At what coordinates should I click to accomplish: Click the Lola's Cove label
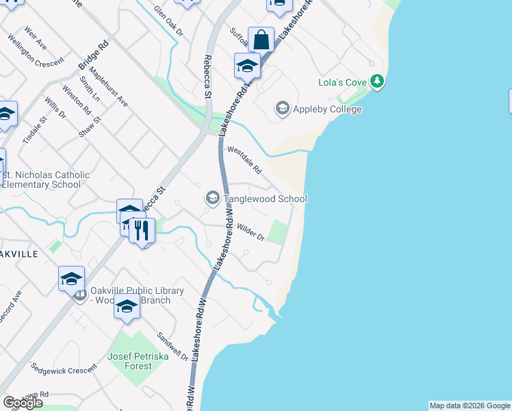point(343,83)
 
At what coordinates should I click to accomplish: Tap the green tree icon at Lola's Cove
point(376,82)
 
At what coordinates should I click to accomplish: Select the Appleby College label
point(327,109)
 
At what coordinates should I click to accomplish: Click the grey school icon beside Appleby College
point(282,108)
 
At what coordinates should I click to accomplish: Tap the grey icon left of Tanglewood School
point(212,199)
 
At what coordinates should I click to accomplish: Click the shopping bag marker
point(261,40)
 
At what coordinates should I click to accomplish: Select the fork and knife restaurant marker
point(142,230)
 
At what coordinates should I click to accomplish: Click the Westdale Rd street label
point(245,159)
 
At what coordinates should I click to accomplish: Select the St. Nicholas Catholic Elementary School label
point(45,179)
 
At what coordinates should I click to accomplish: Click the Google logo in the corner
point(23,403)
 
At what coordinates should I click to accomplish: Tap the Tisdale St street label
point(34,129)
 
